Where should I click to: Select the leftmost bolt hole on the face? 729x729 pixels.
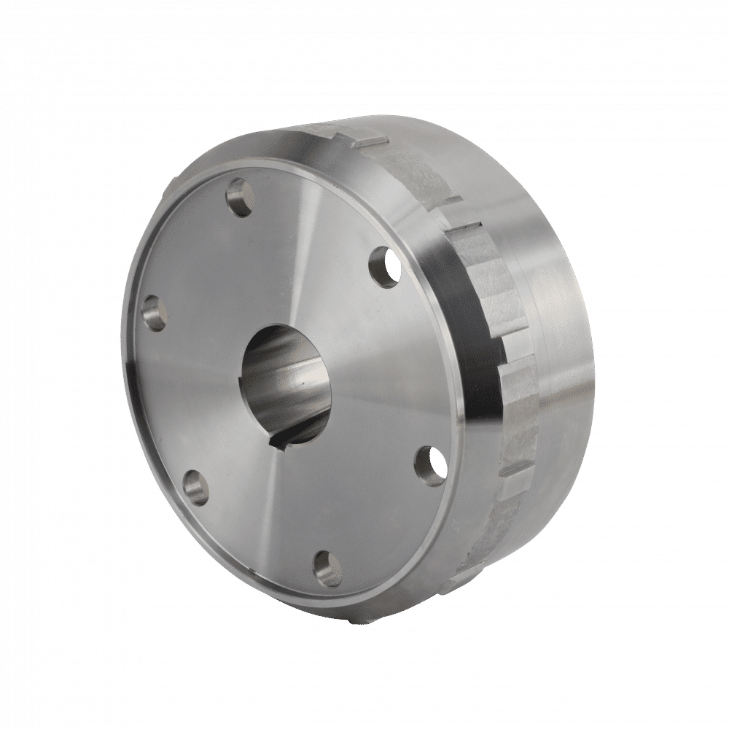click(155, 313)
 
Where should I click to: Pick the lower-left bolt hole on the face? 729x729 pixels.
click(194, 487)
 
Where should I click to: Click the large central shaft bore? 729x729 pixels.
click(288, 383)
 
